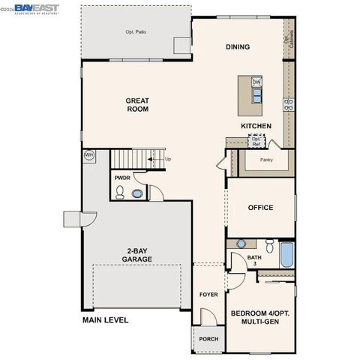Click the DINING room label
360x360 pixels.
[238, 46]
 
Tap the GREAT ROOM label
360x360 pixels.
[137, 104]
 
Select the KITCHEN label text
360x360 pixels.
[256, 126]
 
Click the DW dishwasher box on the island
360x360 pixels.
[256, 82]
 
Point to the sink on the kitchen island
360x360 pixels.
[256, 95]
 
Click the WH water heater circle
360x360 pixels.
[88, 155]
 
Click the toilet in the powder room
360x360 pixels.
[119, 193]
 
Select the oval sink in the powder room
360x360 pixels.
[136, 193]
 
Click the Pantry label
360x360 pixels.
[265, 159]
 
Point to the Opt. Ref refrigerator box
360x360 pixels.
[256, 139]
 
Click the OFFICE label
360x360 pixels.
[260, 208]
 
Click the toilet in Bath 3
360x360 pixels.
[270, 244]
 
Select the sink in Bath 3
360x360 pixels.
[241, 244]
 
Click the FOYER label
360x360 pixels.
[208, 295]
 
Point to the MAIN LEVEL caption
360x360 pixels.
[105, 320]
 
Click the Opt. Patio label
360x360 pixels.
[136, 32]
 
